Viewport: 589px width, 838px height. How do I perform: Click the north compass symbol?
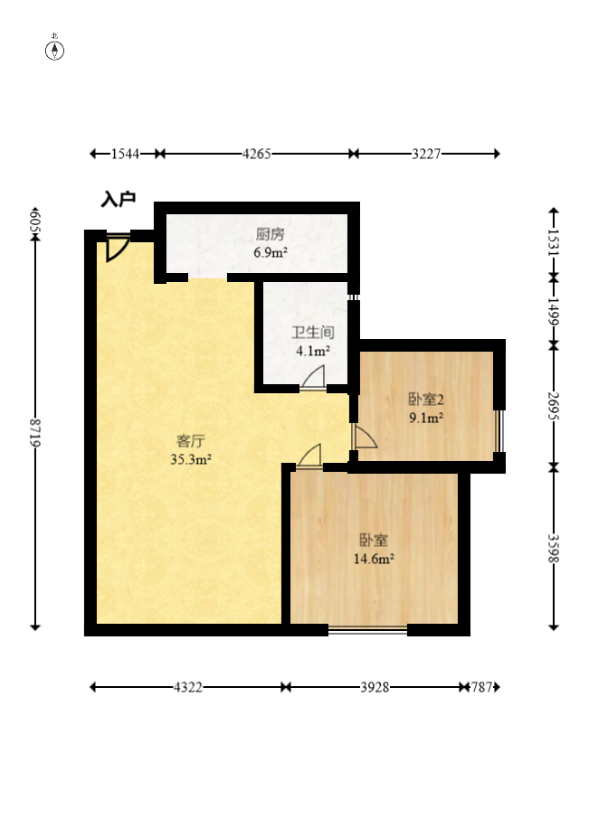point(54,49)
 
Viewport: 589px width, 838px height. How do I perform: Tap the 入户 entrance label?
point(119,200)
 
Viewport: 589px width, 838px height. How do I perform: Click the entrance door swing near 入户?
point(118,247)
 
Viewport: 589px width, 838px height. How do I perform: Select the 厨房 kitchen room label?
point(271,234)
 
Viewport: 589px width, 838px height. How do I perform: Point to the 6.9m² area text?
point(271,252)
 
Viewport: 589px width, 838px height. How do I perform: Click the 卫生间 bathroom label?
point(313,333)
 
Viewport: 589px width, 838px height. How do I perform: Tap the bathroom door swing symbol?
point(313,377)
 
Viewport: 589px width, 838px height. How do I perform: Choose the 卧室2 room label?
point(426,400)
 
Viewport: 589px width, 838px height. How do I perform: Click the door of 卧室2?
point(365,437)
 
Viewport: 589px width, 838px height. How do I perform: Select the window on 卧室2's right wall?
point(499,431)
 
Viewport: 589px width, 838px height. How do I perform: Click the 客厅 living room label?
point(191,441)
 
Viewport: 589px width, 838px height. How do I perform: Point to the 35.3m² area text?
point(191,459)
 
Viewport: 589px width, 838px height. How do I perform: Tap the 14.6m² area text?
point(374,559)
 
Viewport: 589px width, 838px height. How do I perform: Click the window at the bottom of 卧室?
point(368,630)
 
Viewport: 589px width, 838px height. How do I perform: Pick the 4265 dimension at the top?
point(257,154)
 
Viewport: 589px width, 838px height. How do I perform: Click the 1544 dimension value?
point(125,154)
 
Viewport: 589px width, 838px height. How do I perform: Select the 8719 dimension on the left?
point(35,432)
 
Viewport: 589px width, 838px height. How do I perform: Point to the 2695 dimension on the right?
point(554,406)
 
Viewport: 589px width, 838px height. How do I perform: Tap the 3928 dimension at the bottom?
point(375,687)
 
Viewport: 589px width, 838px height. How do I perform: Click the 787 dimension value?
point(481,687)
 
